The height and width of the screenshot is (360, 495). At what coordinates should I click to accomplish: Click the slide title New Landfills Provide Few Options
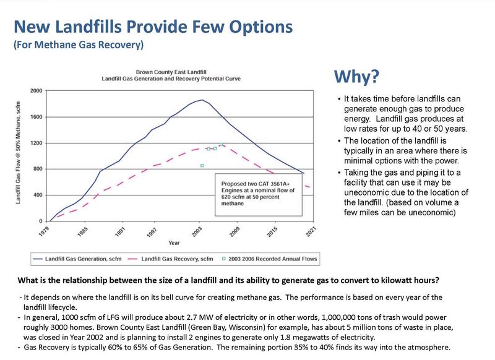(153, 27)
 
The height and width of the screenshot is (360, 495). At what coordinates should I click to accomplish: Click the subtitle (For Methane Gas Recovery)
(79, 45)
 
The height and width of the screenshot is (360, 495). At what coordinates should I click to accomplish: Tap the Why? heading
(356, 77)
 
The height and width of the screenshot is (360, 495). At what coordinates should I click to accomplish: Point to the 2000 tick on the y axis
(36, 91)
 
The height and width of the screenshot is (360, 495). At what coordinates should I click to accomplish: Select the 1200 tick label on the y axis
(36, 144)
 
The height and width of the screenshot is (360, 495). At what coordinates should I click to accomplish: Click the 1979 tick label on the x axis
(44, 231)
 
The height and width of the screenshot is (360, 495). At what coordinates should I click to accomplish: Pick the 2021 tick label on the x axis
(311, 231)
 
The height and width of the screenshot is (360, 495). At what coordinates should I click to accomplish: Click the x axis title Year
(174, 243)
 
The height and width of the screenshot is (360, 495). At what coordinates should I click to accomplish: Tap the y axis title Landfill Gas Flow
(18, 153)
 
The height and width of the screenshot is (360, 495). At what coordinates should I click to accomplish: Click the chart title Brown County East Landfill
(171, 72)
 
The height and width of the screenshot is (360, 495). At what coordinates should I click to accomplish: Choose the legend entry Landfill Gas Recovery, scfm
(171, 259)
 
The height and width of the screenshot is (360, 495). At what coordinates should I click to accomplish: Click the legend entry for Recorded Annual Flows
(269, 259)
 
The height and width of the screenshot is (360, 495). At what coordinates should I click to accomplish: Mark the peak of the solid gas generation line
(202, 100)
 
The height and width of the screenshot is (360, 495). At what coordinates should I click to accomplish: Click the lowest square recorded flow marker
(202, 166)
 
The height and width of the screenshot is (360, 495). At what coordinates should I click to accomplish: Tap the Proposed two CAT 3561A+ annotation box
(259, 195)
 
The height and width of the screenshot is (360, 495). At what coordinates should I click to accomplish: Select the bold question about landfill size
(228, 280)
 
